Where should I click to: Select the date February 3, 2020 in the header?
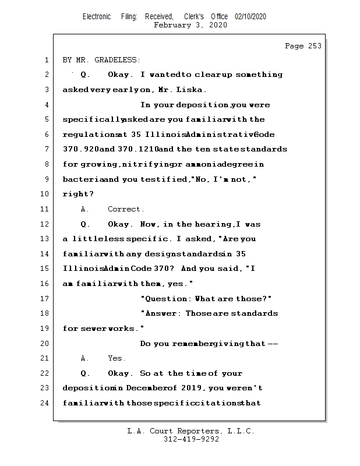tap(190, 25)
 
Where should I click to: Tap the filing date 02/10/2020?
tap(250, 16)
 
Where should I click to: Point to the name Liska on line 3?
tap(193, 90)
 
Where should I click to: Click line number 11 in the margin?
tap(45, 209)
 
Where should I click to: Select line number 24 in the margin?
tap(45, 403)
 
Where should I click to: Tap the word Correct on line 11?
tap(124, 209)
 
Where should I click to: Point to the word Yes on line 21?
tap(116, 358)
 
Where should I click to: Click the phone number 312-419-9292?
tap(191, 440)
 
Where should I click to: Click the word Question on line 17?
tap(166, 299)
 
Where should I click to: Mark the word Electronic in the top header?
tap(97, 16)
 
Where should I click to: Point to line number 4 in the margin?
tap(45, 105)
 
